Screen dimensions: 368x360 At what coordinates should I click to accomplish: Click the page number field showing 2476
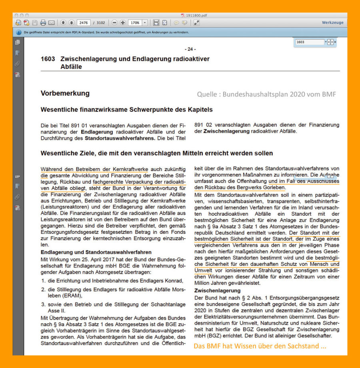coord(84,23)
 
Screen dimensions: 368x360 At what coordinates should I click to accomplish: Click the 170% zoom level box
coord(136,23)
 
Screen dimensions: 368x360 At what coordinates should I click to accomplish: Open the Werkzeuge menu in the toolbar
coord(332,23)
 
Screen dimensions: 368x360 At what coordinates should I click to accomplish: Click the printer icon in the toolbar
coord(43,23)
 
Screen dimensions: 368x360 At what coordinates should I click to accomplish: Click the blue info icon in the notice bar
coord(19,32)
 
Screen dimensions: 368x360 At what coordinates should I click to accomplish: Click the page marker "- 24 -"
coord(190,49)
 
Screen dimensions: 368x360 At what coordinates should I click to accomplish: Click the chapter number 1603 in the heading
coord(48,59)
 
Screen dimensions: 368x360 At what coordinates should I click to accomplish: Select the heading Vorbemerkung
coord(65,93)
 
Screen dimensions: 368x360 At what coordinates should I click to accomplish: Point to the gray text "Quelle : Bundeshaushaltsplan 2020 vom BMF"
coord(266,94)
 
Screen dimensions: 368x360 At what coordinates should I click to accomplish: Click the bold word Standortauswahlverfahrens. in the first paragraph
coord(120,138)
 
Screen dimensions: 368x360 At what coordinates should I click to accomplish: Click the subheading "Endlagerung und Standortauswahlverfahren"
coord(96,252)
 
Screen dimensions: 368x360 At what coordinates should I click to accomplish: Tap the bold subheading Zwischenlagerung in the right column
coord(217,290)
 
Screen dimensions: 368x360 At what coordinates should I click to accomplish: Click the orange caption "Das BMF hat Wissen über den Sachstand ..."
coord(260,346)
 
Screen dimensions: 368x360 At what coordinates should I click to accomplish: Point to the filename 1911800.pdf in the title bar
coord(194,15)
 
